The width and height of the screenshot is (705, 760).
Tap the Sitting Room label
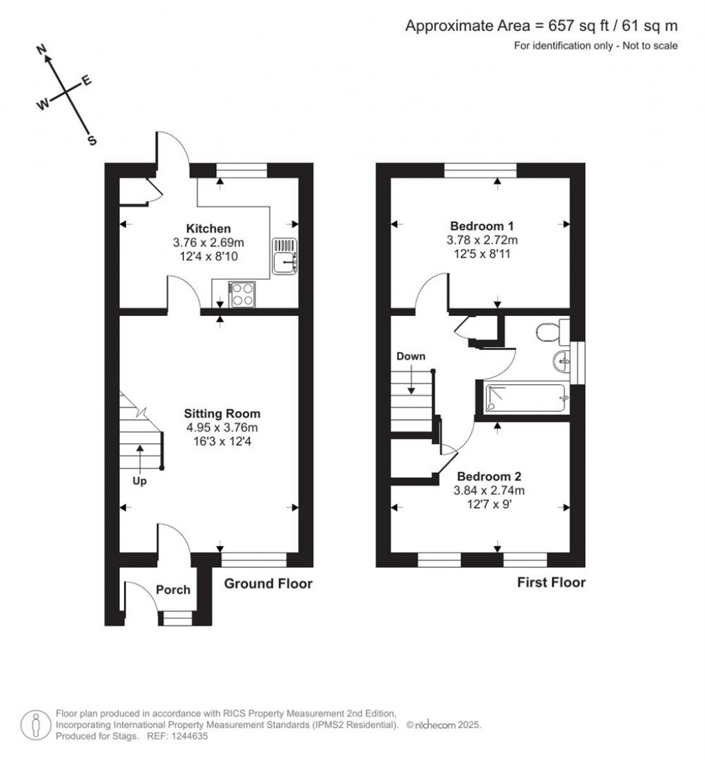click(222, 414)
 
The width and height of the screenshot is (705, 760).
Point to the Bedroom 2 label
click(490, 476)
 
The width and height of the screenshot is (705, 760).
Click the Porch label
click(173, 589)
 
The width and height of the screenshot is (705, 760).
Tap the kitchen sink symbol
click(284, 255)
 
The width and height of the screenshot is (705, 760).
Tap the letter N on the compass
click(42, 50)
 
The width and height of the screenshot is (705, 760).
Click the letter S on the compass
click(91, 140)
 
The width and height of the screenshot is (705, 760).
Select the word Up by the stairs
click(139, 482)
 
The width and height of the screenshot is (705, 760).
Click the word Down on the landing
click(410, 357)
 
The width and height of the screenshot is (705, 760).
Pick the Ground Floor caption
click(269, 584)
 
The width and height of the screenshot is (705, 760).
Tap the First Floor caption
click(551, 582)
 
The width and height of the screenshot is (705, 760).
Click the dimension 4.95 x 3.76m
click(222, 427)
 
